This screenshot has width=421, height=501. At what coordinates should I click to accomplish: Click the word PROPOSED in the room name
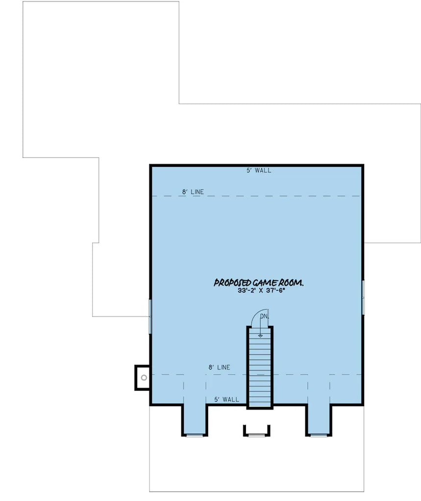[232, 283]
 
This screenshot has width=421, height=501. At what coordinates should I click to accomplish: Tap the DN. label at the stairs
[265, 317]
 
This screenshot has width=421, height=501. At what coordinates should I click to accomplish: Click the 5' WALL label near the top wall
[259, 171]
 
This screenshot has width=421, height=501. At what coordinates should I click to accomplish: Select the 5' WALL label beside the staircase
[226, 400]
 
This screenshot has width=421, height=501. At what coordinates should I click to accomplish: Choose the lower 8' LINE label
[219, 367]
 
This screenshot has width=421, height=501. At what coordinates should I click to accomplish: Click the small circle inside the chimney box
[144, 378]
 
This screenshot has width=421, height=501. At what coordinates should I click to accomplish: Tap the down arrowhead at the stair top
[260, 336]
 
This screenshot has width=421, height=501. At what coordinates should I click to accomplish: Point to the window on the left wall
[150, 317]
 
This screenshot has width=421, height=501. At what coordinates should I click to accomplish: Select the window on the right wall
[363, 297]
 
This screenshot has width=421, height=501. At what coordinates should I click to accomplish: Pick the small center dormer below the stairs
[256, 430]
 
